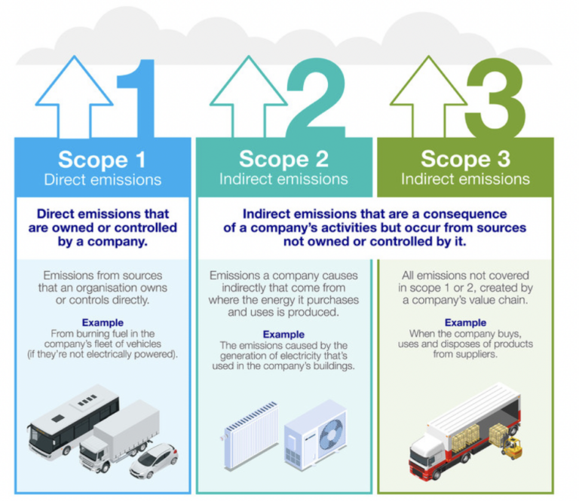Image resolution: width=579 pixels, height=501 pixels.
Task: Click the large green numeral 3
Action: point(494,98)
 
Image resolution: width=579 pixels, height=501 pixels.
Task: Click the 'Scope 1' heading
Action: point(103,160)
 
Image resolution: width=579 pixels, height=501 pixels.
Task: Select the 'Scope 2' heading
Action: point(283,160)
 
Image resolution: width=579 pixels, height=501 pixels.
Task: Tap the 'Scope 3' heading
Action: point(464,160)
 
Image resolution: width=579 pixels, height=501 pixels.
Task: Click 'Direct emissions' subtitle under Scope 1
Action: point(103,180)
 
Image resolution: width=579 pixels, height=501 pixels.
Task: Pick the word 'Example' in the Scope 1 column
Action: point(103,322)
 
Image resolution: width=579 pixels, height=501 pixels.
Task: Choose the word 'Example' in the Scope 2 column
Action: point(283,334)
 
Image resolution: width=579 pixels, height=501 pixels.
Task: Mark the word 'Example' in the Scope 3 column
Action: point(464,322)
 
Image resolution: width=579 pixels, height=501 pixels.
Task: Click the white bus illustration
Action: point(72,422)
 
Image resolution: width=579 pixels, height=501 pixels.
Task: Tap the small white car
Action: point(154,460)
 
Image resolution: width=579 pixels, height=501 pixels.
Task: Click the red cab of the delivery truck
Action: point(427,460)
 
